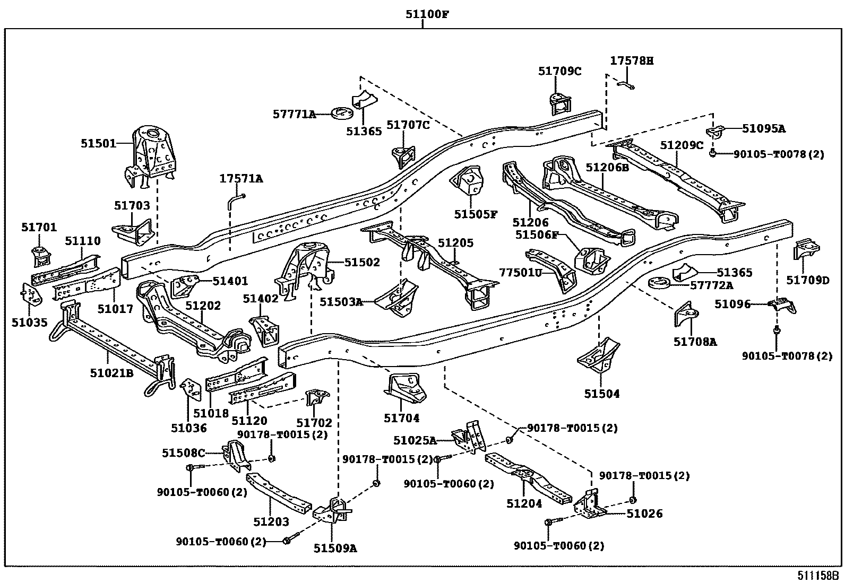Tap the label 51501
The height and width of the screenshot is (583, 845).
(98, 143)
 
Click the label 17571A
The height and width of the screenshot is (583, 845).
(241, 179)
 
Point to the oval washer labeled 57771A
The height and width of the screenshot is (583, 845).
(343, 113)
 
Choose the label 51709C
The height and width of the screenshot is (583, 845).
(559, 71)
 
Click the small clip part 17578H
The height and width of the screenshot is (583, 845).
(627, 84)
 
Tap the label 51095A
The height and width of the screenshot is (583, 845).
(763, 128)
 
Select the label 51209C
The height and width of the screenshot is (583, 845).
(682, 145)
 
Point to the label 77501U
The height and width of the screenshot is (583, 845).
(520, 272)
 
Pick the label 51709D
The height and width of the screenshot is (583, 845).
(807, 280)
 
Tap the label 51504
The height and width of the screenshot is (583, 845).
(602, 394)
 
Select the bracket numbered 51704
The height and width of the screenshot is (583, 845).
(406, 390)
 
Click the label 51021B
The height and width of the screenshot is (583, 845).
(111, 373)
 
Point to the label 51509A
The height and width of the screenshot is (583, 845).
(335, 549)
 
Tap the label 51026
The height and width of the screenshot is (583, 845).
(644, 514)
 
